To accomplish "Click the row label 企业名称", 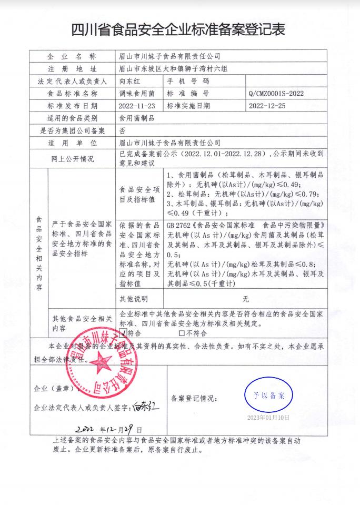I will point(72,56).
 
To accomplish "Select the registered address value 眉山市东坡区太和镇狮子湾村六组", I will point(173,68).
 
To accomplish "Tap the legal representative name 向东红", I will point(130,81).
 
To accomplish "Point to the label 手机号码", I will point(188,81).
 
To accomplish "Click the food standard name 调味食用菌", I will point(134,93).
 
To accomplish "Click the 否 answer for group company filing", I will point(122,130).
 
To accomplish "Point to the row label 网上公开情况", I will point(72,159).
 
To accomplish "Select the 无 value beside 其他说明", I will point(245,299).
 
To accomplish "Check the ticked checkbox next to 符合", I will point(124,333).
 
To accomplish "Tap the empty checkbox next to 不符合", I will point(182,333).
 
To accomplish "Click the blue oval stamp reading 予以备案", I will point(268,395).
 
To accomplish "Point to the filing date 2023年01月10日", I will point(268,418).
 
